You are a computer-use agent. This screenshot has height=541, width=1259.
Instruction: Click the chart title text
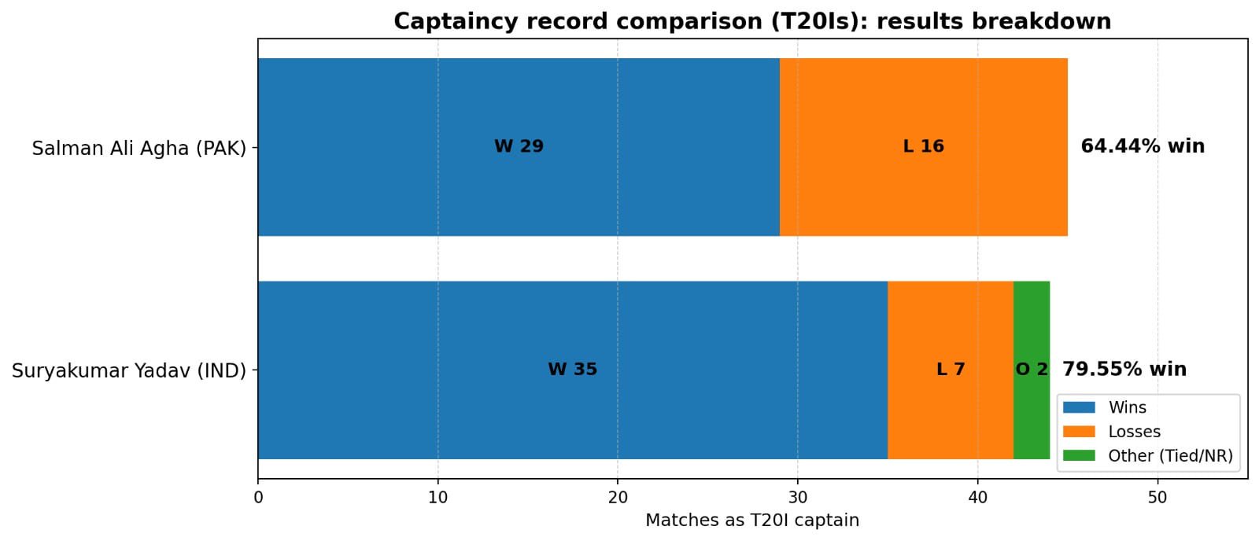click(751, 21)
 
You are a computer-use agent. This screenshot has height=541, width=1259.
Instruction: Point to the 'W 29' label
click(519, 146)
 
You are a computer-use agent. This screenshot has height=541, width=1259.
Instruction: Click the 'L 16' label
click(923, 146)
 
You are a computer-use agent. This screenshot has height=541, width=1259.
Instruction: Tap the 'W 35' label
click(572, 370)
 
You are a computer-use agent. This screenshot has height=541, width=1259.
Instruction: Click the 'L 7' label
click(950, 370)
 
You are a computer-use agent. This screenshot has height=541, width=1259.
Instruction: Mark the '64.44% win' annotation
click(1142, 146)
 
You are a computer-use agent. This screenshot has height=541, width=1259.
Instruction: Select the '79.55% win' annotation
click(1124, 370)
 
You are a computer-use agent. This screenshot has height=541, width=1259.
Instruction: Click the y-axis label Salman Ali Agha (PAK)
click(139, 148)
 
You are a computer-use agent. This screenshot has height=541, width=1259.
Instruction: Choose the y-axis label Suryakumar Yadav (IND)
click(129, 370)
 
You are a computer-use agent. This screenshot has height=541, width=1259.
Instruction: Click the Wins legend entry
click(1126, 407)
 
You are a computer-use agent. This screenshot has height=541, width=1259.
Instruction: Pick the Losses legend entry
click(1133, 432)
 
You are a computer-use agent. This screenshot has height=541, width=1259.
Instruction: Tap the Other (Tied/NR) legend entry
click(1169, 456)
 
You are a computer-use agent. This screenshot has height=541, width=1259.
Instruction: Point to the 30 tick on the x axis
click(798, 498)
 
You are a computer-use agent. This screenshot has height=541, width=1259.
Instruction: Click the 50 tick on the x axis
click(1157, 498)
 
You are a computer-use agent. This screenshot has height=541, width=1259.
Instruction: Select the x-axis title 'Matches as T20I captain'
click(751, 521)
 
